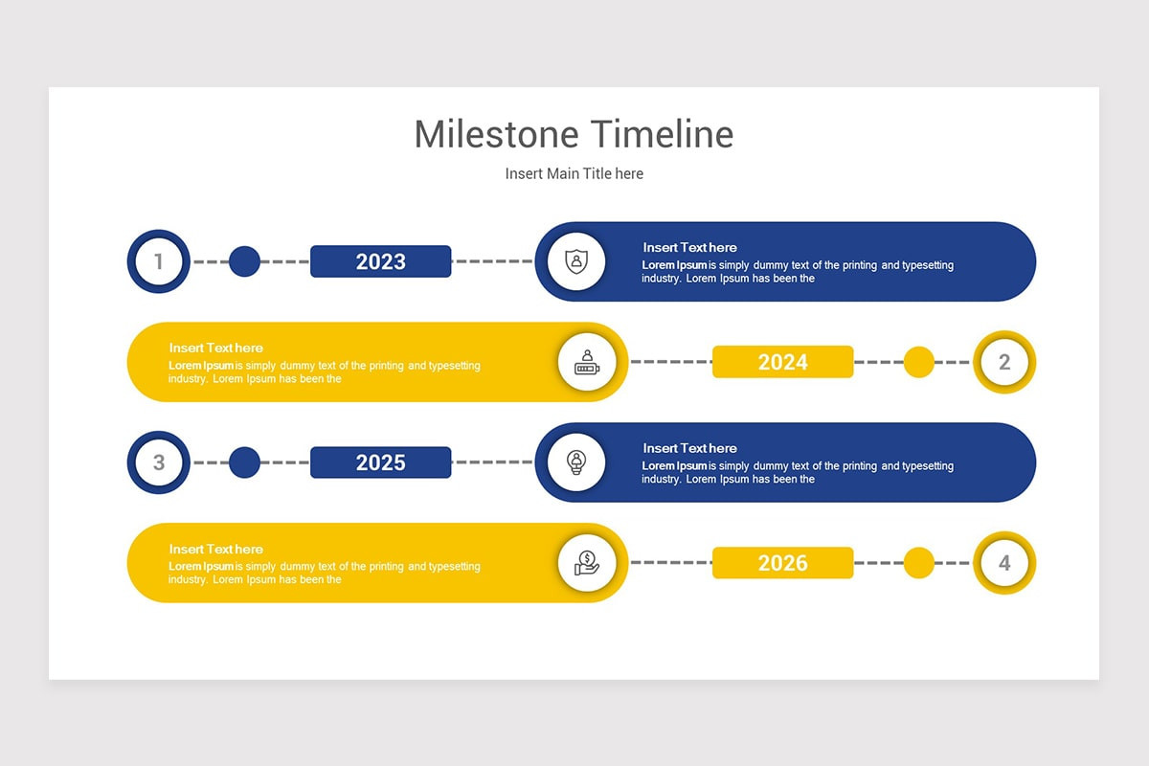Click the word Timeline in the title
pyautogui.click(x=662, y=134)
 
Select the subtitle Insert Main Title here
pyautogui.click(x=574, y=173)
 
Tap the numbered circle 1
pyautogui.click(x=159, y=261)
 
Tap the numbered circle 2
pyautogui.click(x=1004, y=362)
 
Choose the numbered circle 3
pyautogui.click(x=159, y=462)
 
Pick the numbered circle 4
pyautogui.click(x=1004, y=563)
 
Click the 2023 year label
pyautogui.click(x=380, y=261)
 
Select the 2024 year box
pyautogui.click(x=782, y=362)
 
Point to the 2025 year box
pyautogui.click(x=380, y=462)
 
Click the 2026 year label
pyautogui.click(x=782, y=563)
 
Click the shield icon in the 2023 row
pyautogui.click(x=575, y=261)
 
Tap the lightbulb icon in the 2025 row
pyautogui.click(x=575, y=462)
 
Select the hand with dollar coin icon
pyautogui.click(x=587, y=563)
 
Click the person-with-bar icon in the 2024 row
pyautogui.click(x=587, y=362)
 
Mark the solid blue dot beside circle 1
pyautogui.click(x=244, y=261)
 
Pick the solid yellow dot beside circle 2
pyautogui.click(x=919, y=362)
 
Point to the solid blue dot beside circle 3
pyautogui.click(x=244, y=462)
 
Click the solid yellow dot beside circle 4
pyautogui.click(x=919, y=563)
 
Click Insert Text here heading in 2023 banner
pyautogui.click(x=689, y=247)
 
